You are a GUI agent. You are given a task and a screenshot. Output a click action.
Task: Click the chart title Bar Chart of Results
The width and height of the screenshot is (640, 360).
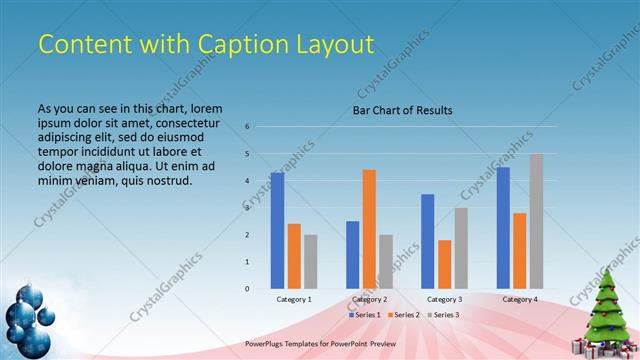pos(403,110)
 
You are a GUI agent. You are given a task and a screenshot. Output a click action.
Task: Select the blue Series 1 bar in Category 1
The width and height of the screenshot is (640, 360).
pos(277,230)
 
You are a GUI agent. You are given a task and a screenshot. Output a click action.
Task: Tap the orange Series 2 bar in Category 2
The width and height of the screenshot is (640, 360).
pos(369,229)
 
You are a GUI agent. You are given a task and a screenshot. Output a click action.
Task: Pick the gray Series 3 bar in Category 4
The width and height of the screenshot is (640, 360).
pos(536,221)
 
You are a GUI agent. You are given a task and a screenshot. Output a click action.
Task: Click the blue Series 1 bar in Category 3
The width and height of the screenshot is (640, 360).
pos(428,241)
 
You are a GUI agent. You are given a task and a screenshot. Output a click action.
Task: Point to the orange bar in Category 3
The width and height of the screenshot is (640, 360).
pos(445,264)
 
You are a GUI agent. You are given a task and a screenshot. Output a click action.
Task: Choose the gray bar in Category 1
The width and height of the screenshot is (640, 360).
pos(311,261)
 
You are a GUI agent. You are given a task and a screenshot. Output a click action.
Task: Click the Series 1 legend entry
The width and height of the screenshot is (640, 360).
pos(365,314)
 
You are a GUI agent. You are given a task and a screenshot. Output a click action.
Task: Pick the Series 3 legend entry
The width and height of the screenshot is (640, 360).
pos(441,314)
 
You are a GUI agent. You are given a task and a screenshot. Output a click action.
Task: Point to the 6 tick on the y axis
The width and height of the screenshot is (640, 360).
pos(247,127)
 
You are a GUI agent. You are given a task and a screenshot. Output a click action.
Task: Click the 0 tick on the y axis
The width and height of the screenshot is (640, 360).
pos(247,289)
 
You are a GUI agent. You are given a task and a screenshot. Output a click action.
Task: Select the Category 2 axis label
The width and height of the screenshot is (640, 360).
pos(369,299)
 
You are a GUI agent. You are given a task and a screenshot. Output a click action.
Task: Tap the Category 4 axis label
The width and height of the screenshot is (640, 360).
pos(519,299)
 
